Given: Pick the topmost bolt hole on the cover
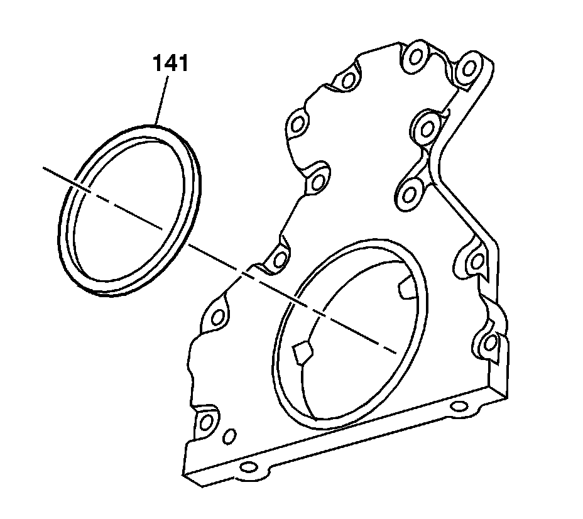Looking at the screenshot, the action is click(415, 58).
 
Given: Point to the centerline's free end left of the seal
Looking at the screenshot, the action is click(44, 168).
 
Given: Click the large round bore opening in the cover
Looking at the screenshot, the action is click(352, 333).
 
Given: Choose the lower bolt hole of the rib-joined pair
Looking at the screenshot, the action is click(411, 192).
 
